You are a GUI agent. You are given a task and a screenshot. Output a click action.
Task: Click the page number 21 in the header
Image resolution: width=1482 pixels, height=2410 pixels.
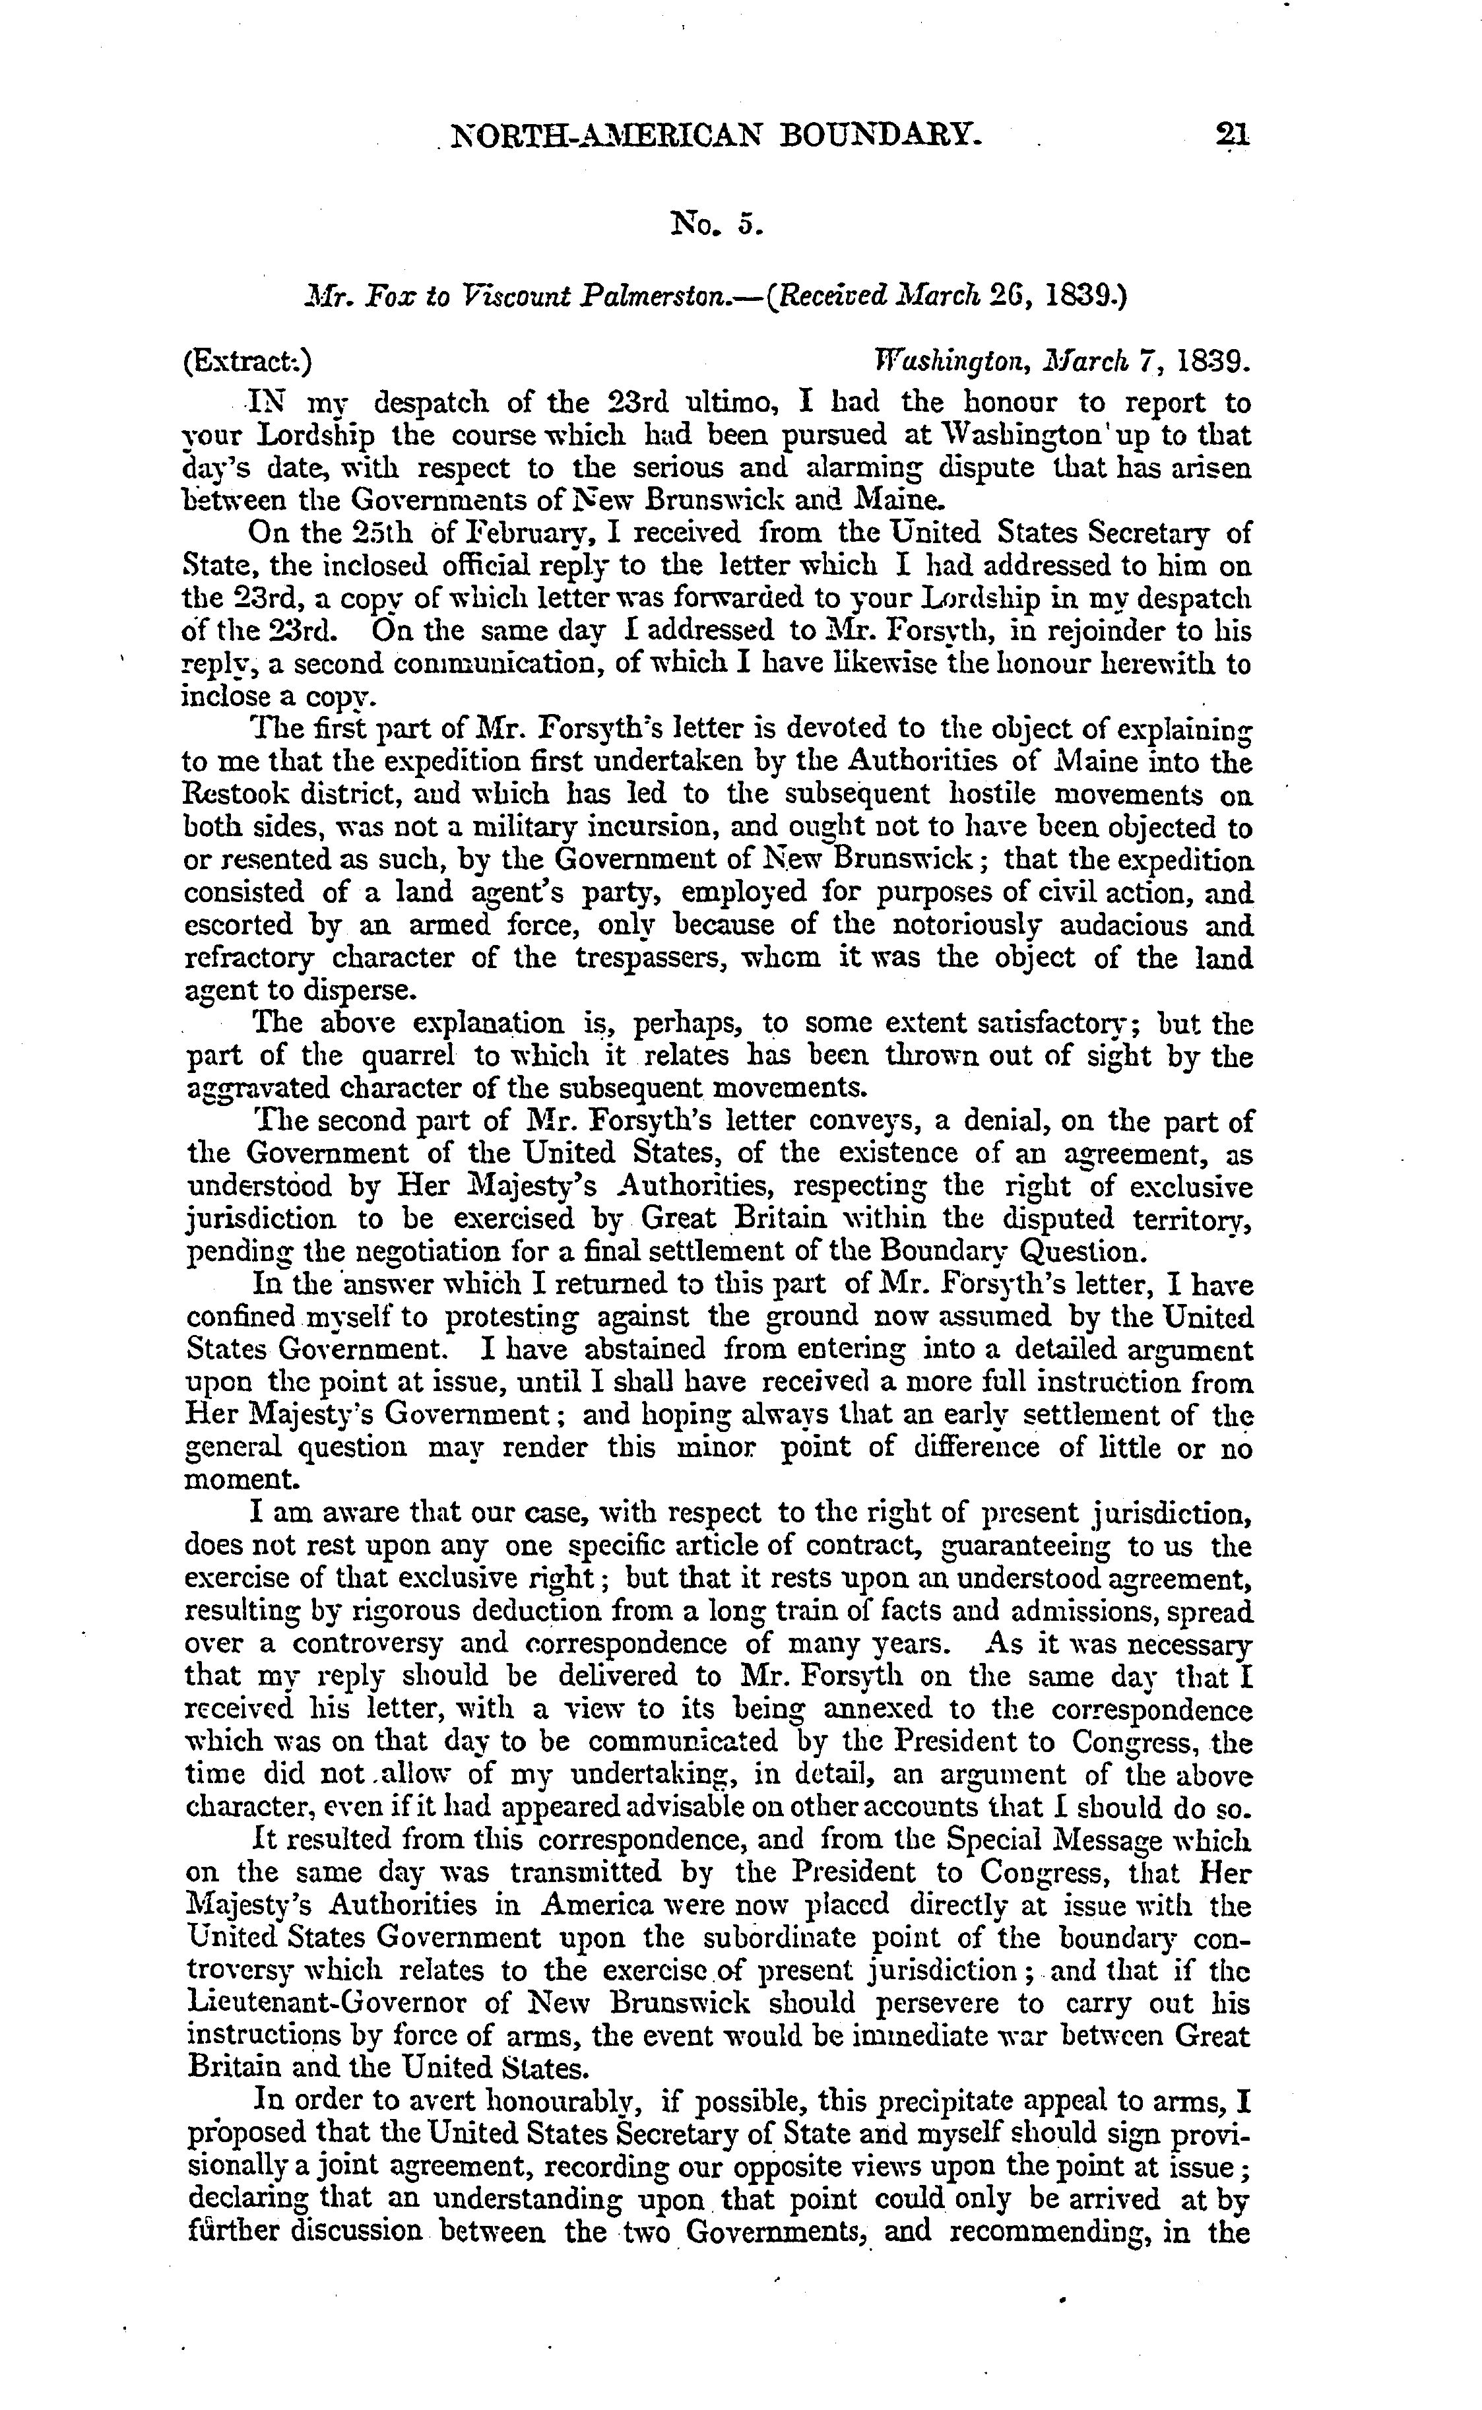point(1231,134)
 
